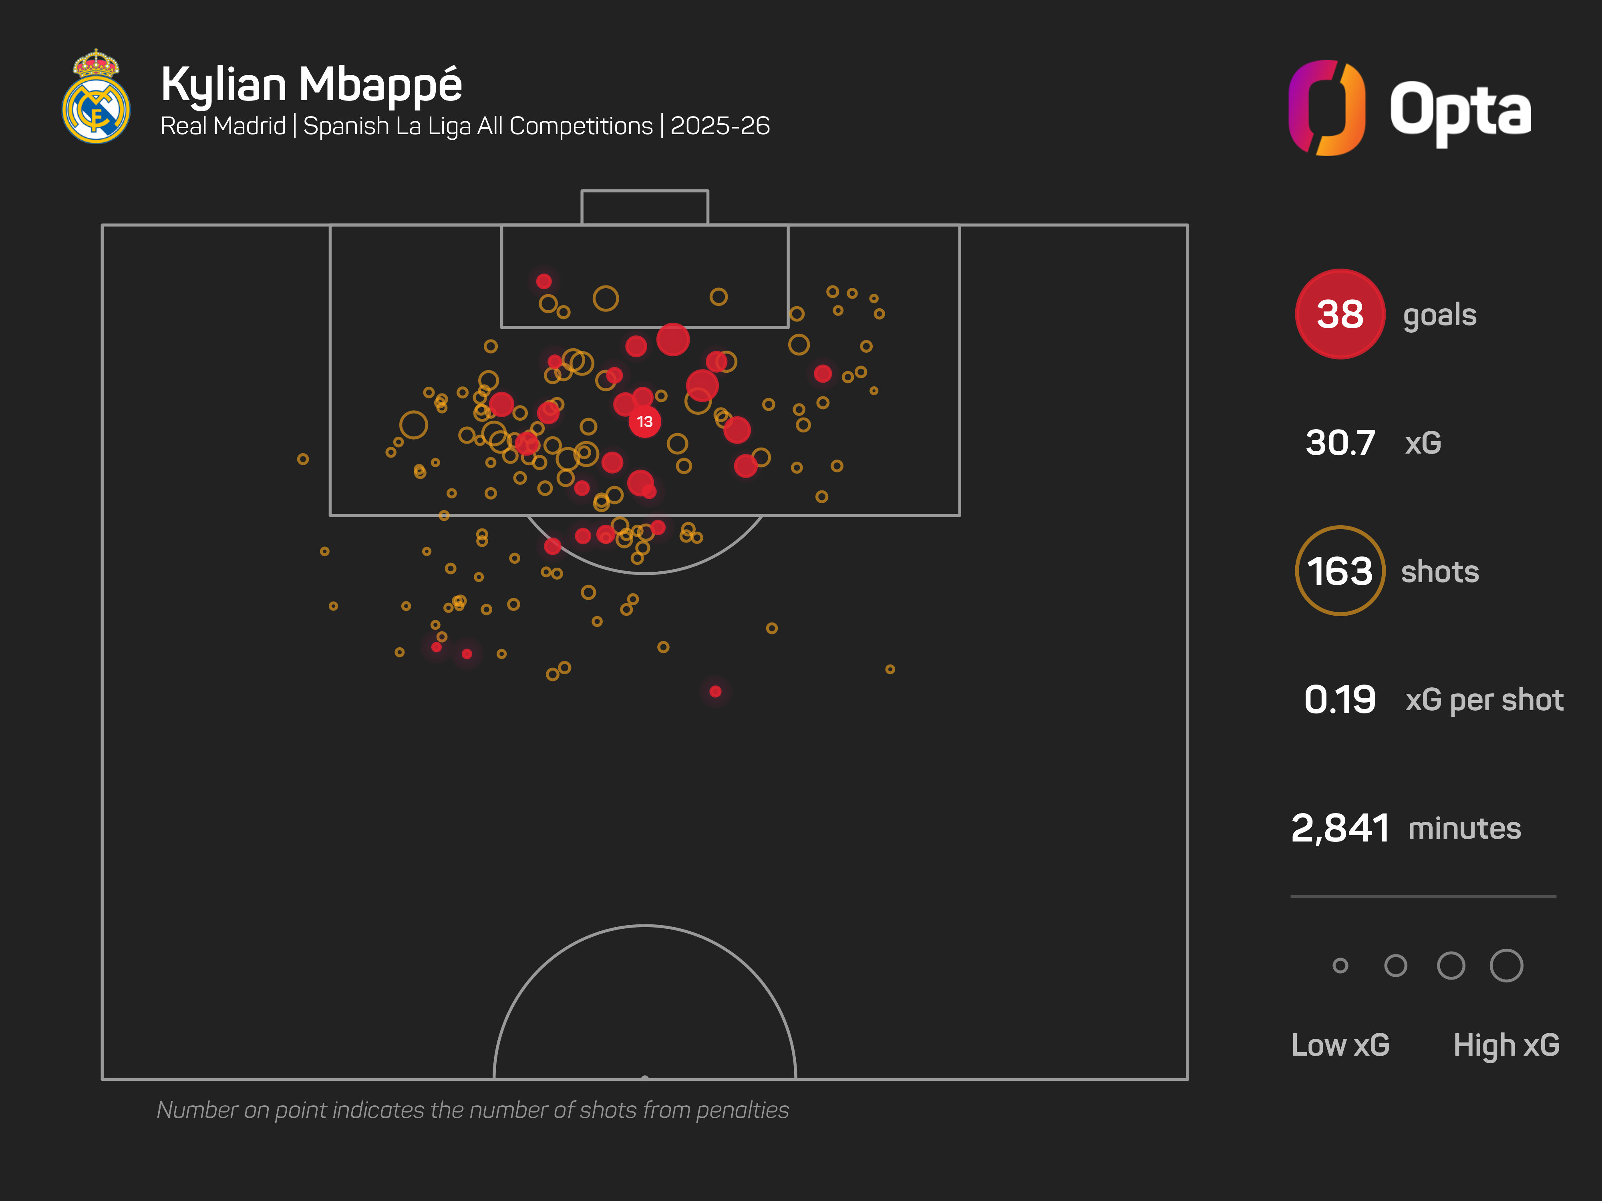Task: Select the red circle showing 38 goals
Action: pos(1339,314)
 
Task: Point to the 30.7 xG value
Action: pos(1340,442)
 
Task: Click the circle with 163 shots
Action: pos(1339,571)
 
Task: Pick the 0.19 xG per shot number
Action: pos(1339,699)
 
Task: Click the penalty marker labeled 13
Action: pos(644,421)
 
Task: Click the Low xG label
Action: pos(1340,1044)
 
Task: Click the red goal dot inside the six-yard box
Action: pos(544,281)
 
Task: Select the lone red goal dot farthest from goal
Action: pos(716,691)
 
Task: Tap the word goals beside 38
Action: pos(1439,315)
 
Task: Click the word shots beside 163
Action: pos(1439,572)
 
